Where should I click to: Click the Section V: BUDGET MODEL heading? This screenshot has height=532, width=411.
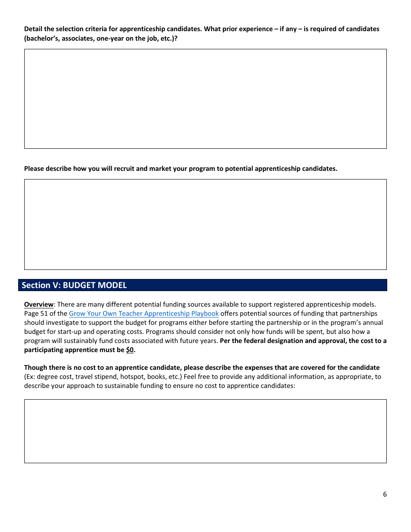74,285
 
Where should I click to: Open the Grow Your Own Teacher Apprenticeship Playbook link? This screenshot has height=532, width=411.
144,314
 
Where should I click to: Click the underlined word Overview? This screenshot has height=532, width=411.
39,304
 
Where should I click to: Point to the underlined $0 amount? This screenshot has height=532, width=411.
130,350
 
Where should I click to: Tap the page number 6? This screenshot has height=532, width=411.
385,494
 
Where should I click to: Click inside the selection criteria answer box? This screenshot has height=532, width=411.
205,99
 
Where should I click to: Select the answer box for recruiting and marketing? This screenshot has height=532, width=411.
205,224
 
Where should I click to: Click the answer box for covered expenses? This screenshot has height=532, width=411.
205,431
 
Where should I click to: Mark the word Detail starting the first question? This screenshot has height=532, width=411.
33,29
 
